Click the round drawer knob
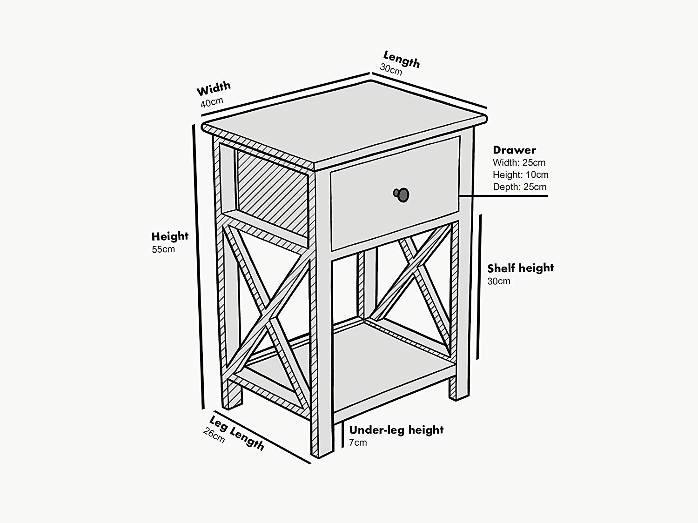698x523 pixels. pos(402,194)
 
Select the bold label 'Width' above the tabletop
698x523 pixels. pos(214,88)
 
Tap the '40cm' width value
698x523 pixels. pos(212,102)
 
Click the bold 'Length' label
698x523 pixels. pos(402,59)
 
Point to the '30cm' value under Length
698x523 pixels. pos(391,69)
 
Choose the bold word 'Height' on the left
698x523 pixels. pos(170,236)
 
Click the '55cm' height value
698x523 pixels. pos(163,249)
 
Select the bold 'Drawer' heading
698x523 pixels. pos(514,150)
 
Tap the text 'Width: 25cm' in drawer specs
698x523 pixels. pos(519,162)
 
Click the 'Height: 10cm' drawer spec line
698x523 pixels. pos(520,175)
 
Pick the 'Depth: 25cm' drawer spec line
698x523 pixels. pos(519,187)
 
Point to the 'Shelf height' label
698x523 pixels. pos(520,268)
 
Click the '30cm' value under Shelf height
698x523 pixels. pos(499,281)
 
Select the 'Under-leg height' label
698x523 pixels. pos(396,429)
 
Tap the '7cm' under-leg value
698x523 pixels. pos(358,443)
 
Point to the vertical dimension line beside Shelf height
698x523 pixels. pos(478,286)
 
